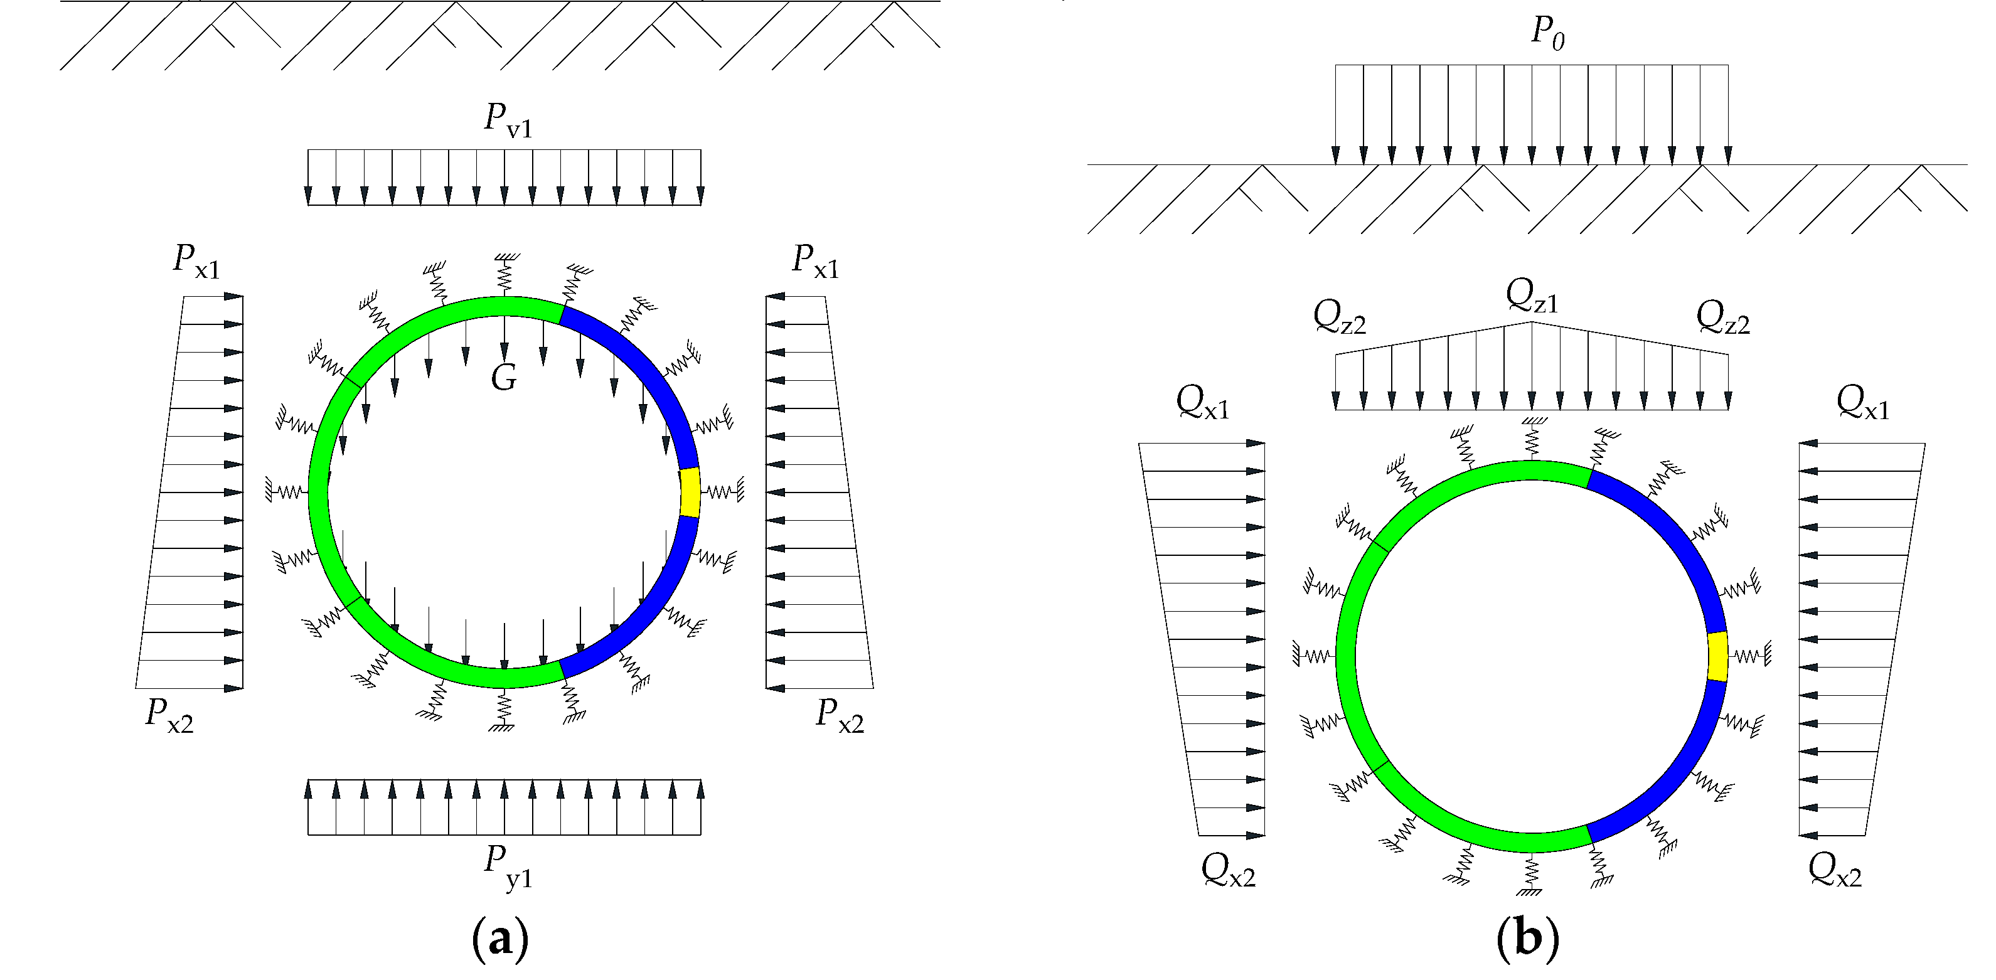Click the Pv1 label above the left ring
(x=508, y=120)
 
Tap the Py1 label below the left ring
(x=508, y=866)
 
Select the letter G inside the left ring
(x=504, y=378)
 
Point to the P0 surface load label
(x=1547, y=33)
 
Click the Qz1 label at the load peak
(x=1531, y=296)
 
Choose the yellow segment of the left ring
(x=690, y=492)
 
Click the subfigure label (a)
(x=501, y=939)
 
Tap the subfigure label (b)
(x=1528, y=939)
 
